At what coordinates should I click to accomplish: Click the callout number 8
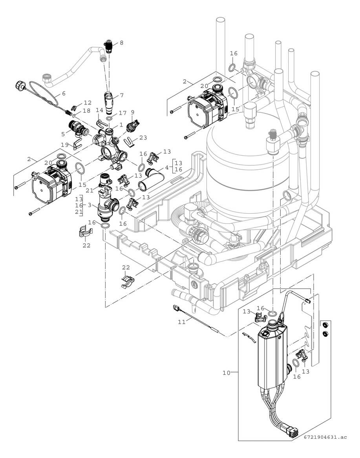[121, 43]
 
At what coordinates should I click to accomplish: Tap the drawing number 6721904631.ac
[325, 448]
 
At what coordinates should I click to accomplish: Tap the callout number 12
[88, 103]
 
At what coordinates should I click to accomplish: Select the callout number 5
[63, 133]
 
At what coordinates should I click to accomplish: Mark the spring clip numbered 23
[131, 139]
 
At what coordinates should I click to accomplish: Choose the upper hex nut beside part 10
[325, 325]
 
